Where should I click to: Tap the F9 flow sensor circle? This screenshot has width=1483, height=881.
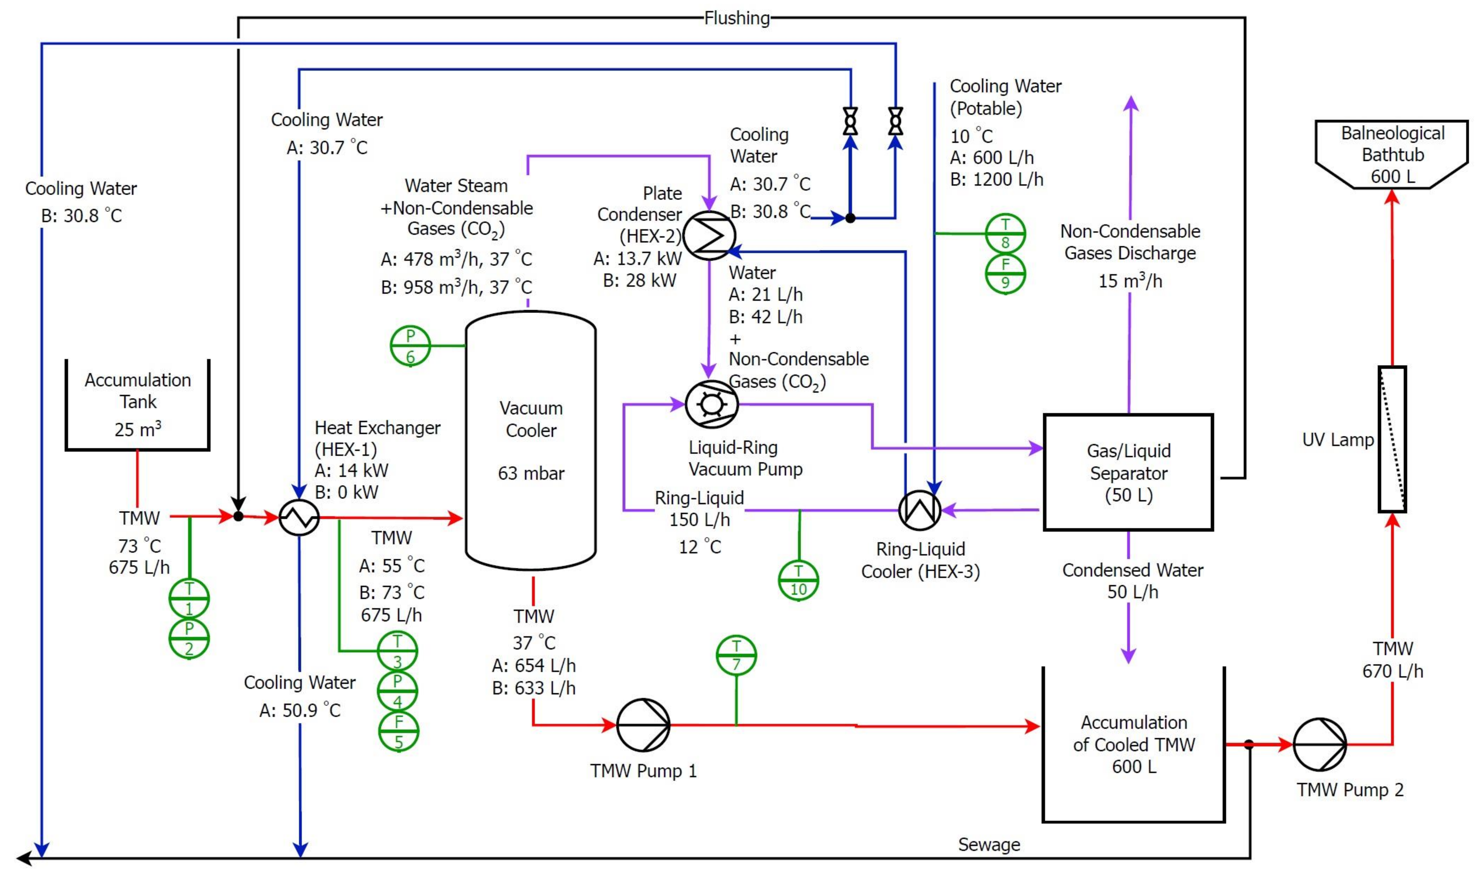point(1005,274)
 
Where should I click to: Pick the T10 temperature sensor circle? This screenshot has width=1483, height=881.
point(799,580)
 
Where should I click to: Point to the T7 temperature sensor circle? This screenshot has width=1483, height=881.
point(736,655)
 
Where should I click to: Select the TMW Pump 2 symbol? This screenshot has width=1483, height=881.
point(1320,744)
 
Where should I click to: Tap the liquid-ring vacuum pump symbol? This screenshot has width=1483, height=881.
point(711,404)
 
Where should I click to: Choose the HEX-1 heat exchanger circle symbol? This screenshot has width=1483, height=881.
point(299,518)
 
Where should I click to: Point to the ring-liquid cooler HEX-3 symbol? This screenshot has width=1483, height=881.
point(920,510)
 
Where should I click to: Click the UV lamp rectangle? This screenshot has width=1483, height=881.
point(1392,439)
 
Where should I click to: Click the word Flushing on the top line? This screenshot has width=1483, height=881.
point(737,18)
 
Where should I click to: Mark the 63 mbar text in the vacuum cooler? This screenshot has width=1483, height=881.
point(531,473)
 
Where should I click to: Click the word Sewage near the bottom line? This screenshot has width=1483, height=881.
point(989,845)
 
